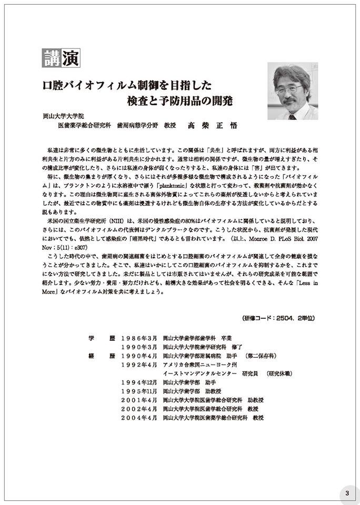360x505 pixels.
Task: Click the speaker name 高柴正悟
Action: click(x=212, y=126)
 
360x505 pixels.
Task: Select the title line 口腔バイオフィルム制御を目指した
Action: click(x=127, y=84)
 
